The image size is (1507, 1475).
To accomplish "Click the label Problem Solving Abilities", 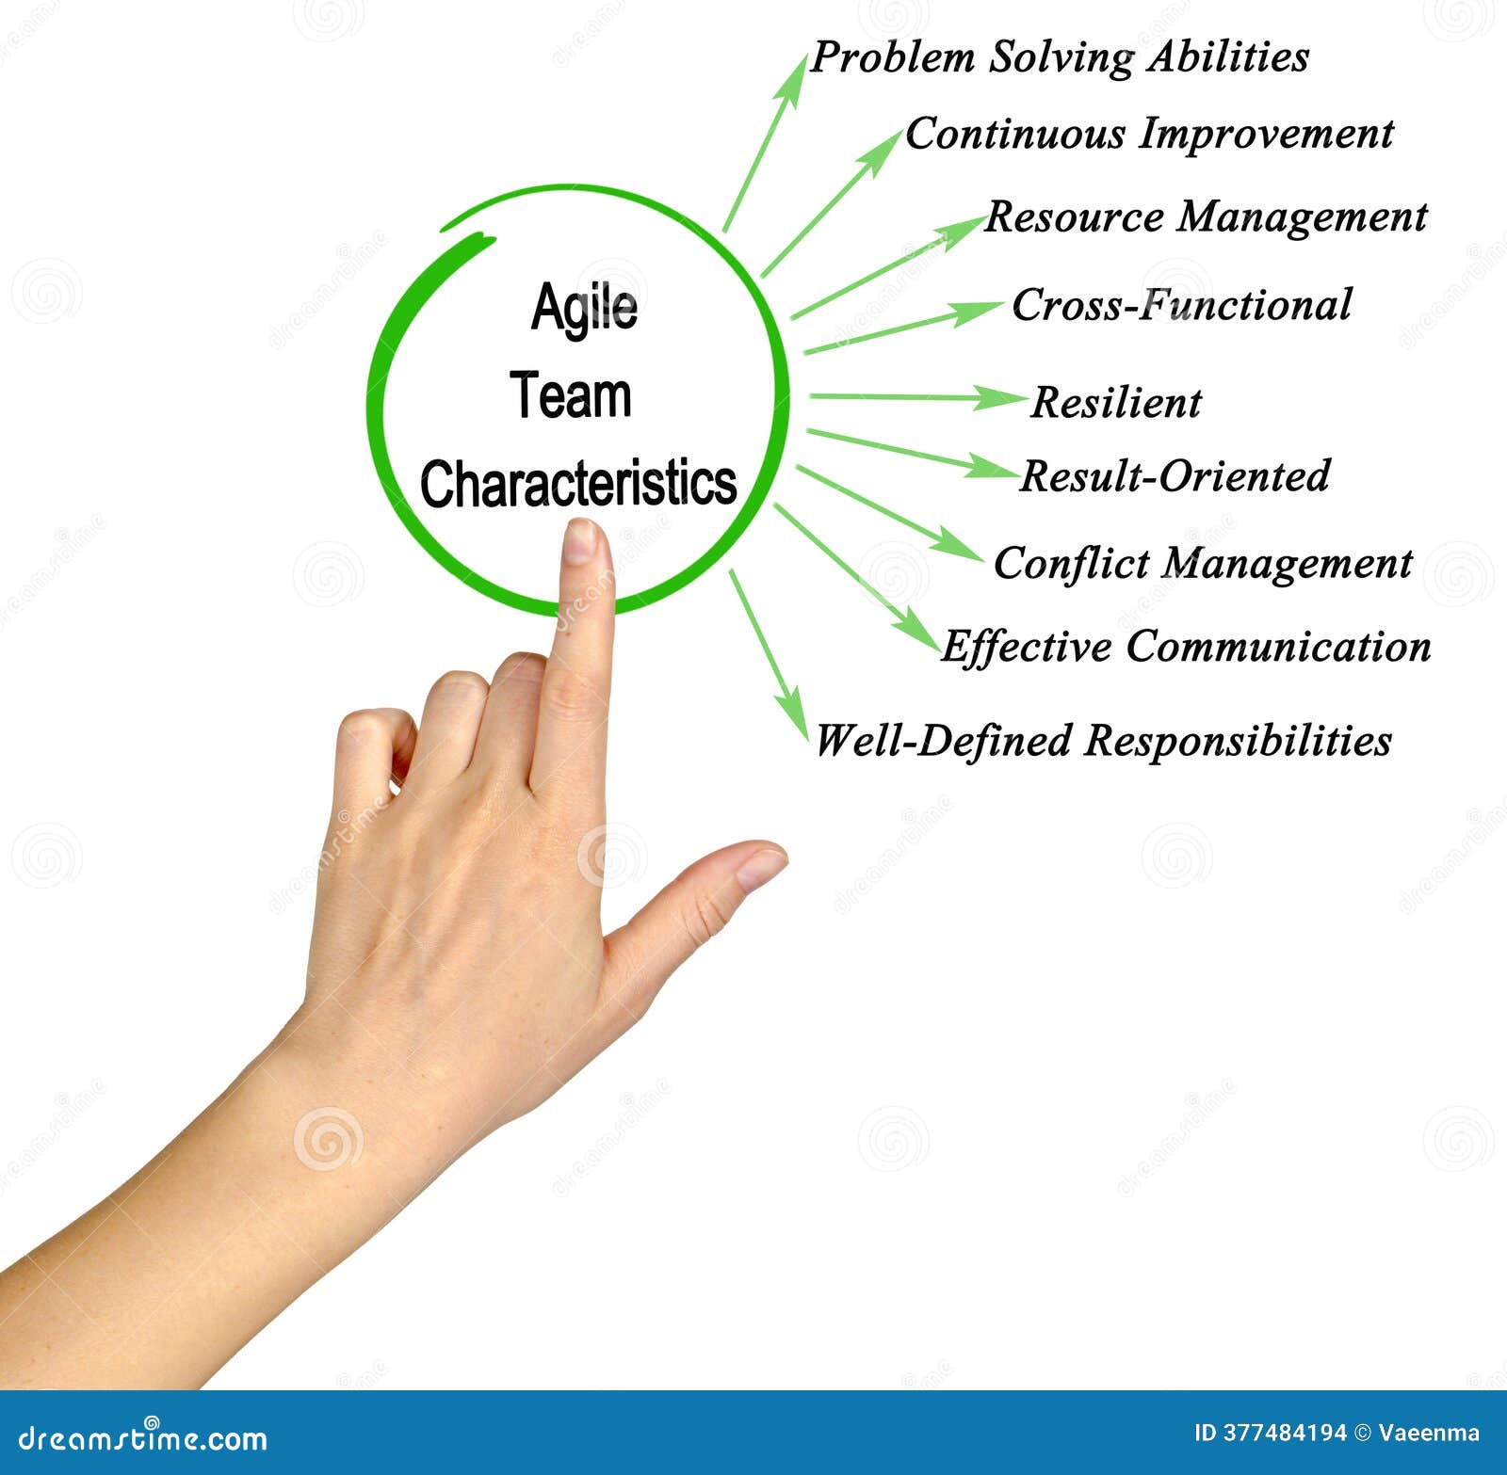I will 1059,57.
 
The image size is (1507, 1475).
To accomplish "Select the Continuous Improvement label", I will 1148,134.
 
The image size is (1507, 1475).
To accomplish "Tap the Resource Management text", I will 1206,217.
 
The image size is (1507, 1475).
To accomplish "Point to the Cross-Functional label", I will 1181,305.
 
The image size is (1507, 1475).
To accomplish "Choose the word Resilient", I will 1116,403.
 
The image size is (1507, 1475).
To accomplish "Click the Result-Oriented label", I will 1175,476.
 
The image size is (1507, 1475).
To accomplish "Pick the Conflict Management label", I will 1203,564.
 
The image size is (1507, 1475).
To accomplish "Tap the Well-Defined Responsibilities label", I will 1102,741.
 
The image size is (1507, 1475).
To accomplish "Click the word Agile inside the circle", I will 584,308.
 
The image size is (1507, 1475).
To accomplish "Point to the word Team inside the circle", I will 571,396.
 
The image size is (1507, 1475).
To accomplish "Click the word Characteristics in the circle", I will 578,484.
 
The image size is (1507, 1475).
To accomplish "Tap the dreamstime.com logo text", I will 143,1438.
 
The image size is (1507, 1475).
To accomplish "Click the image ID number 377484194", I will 1285,1434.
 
